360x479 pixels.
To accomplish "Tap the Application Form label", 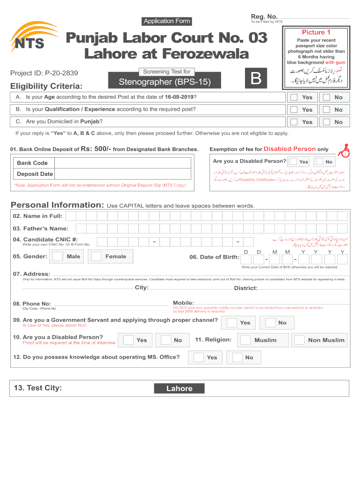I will coord(167,21).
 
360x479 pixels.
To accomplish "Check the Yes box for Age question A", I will coord(293,97).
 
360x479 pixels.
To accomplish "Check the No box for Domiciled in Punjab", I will coord(327,122).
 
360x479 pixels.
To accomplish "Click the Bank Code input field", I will coord(122,163).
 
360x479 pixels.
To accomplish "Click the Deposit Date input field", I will coord(122,174).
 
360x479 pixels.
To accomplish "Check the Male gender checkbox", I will coord(58,256).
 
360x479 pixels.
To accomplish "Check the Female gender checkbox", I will coord(96,256).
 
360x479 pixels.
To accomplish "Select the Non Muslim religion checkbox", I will coord(299,340).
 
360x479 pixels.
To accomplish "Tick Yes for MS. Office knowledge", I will coord(199,357).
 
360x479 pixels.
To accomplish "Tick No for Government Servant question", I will coord(270,323).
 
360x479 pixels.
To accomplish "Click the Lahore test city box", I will coord(180,388).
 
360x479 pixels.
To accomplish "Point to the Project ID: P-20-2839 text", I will coord(44,73).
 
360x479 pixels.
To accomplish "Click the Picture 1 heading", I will coord(316,32).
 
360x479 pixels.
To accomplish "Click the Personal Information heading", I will coord(57,205).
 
